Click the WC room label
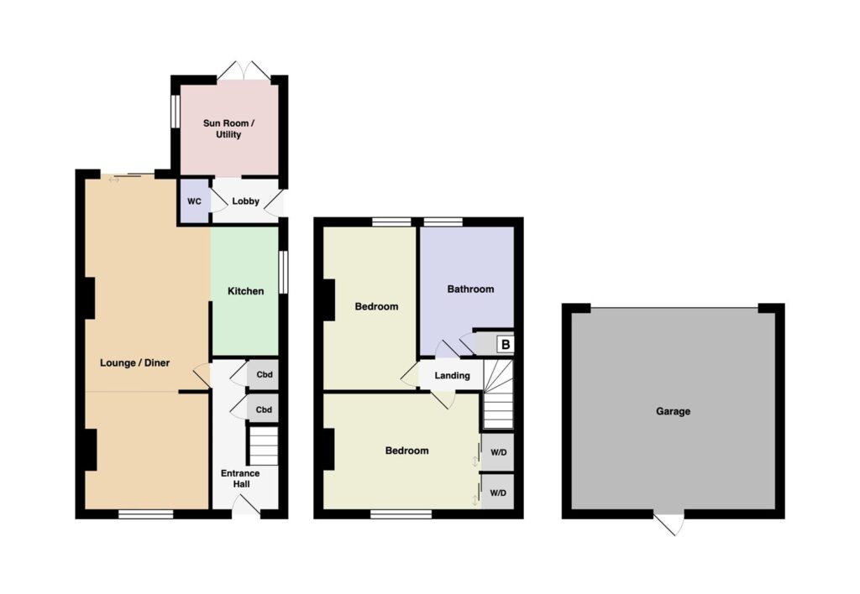pyautogui.click(x=194, y=201)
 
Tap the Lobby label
pyautogui.click(x=245, y=201)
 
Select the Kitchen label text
pyautogui.click(x=246, y=291)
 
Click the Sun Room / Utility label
pyautogui.click(x=228, y=128)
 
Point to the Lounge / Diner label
pyautogui.click(x=135, y=362)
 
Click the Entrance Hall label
pyautogui.click(x=240, y=478)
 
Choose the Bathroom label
pyautogui.click(x=470, y=289)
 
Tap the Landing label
pyautogui.click(x=453, y=375)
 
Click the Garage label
pyautogui.click(x=673, y=411)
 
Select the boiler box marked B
pyautogui.click(x=505, y=345)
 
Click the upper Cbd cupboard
pyautogui.click(x=263, y=375)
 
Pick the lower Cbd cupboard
pyautogui.click(x=263, y=409)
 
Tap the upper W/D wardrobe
pyautogui.click(x=498, y=452)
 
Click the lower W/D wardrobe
pyautogui.click(x=498, y=492)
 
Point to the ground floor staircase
pyautogui.click(x=264, y=446)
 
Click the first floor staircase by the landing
pyautogui.click(x=498, y=394)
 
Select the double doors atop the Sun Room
pyautogui.click(x=244, y=71)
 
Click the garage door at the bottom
pyautogui.click(x=669, y=524)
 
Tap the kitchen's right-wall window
pyautogui.click(x=283, y=273)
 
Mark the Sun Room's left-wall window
pyautogui.click(x=176, y=112)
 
